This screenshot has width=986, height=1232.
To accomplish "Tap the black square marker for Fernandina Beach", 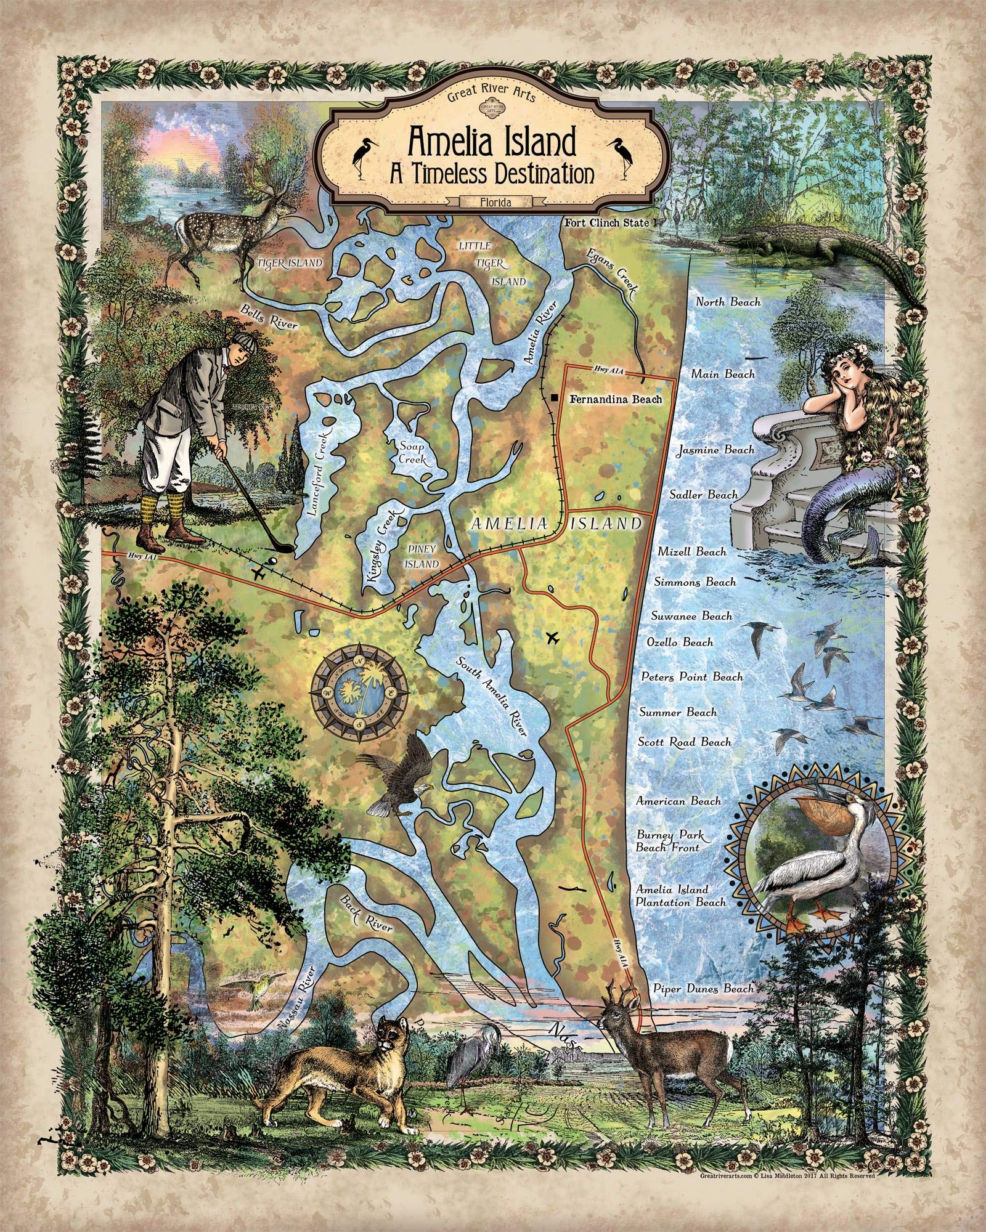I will (555, 399).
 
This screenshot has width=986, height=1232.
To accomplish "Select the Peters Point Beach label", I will (691, 676).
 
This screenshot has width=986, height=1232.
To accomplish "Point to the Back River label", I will (367, 920).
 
